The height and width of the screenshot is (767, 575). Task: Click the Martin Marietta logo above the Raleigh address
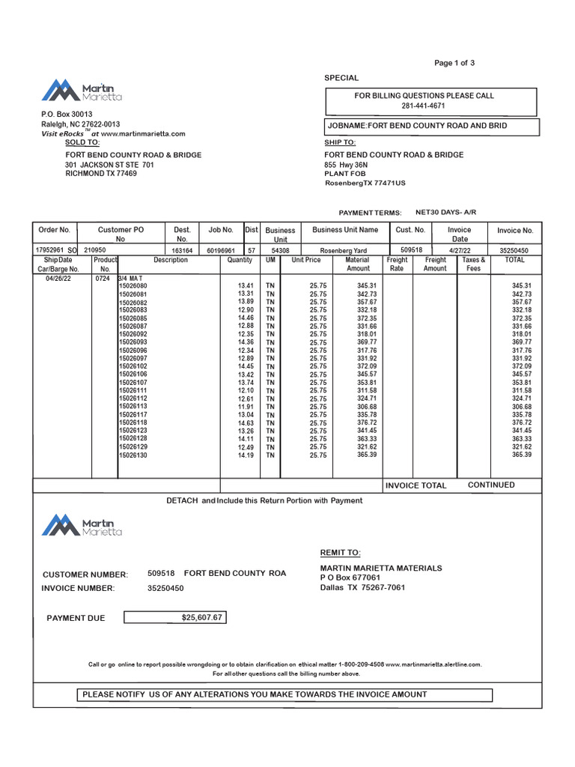tap(82, 91)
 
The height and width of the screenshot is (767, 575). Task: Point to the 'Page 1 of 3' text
tap(454, 63)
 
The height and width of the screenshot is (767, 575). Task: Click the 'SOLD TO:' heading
tap(82, 142)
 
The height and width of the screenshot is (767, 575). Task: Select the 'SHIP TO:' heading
tap(339, 142)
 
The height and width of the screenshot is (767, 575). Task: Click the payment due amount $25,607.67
tap(201, 618)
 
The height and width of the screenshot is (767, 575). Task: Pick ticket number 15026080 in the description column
tap(133, 286)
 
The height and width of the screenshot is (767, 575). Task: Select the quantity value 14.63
tap(246, 422)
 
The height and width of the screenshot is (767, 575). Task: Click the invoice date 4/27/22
tap(459, 250)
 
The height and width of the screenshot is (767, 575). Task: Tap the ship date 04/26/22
tap(58, 278)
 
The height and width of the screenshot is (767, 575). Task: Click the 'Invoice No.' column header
tap(515, 231)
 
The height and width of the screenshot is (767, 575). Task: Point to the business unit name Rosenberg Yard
tap(344, 250)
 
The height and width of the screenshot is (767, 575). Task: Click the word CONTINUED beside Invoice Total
tap(491, 485)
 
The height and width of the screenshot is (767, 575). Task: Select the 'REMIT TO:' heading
tap(340, 553)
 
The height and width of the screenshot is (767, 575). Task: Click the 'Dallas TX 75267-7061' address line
tap(362, 587)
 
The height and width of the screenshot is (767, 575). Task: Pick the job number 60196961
tap(221, 250)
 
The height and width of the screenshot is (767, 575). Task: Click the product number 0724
tap(103, 278)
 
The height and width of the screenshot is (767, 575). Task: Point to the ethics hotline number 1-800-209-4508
tap(362, 664)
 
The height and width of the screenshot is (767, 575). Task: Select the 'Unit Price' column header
tap(305, 260)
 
